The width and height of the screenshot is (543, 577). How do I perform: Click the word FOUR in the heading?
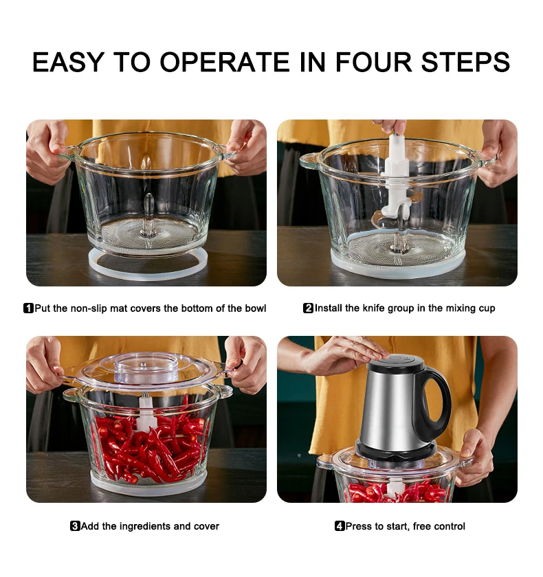[x=373, y=62]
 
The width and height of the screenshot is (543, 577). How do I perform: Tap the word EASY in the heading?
[x=68, y=62]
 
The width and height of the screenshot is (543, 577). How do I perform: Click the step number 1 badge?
[x=28, y=308]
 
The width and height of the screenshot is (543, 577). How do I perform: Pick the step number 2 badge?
[x=308, y=308]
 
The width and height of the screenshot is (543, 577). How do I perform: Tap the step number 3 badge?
[x=75, y=526]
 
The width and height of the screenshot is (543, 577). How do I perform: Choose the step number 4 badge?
[x=340, y=526]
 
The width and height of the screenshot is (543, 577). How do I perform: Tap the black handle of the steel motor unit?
[x=434, y=405]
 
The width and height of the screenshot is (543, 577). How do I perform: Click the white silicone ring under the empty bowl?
[x=148, y=264]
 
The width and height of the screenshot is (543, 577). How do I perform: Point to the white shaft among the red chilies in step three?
[x=147, y=412]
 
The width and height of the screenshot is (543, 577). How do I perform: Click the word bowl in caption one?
[x=256, y=308]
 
